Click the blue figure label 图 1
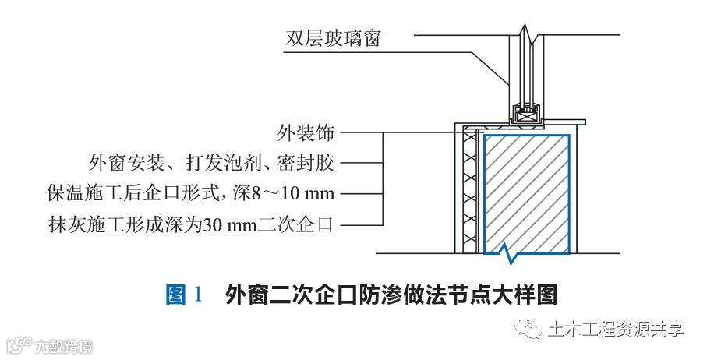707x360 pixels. point(184,295)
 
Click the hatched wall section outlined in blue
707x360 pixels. point(527,192)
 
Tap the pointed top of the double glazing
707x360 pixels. point(527,35)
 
